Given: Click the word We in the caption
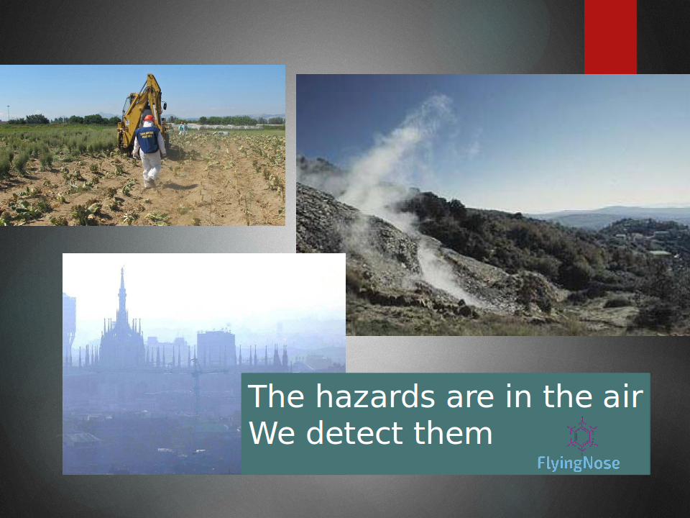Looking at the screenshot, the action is click(x=272, y=433).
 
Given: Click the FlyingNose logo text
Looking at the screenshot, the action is click(x=578, y=463).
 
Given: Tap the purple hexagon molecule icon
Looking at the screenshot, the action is click(x=581, y=436).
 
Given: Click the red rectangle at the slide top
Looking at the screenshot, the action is click(x=610, y=37).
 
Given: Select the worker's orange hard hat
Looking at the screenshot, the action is click(x=149, y=118).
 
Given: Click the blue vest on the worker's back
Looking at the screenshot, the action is click(x=147, y=140).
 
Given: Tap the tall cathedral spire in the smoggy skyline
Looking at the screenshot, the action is click(x=122, y=294).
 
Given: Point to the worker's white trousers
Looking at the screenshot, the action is click(x=150, y=168).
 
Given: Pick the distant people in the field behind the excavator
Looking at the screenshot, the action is click(x=183, y=129).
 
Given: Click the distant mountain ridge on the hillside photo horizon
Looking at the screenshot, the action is click(x=616, y=213).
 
